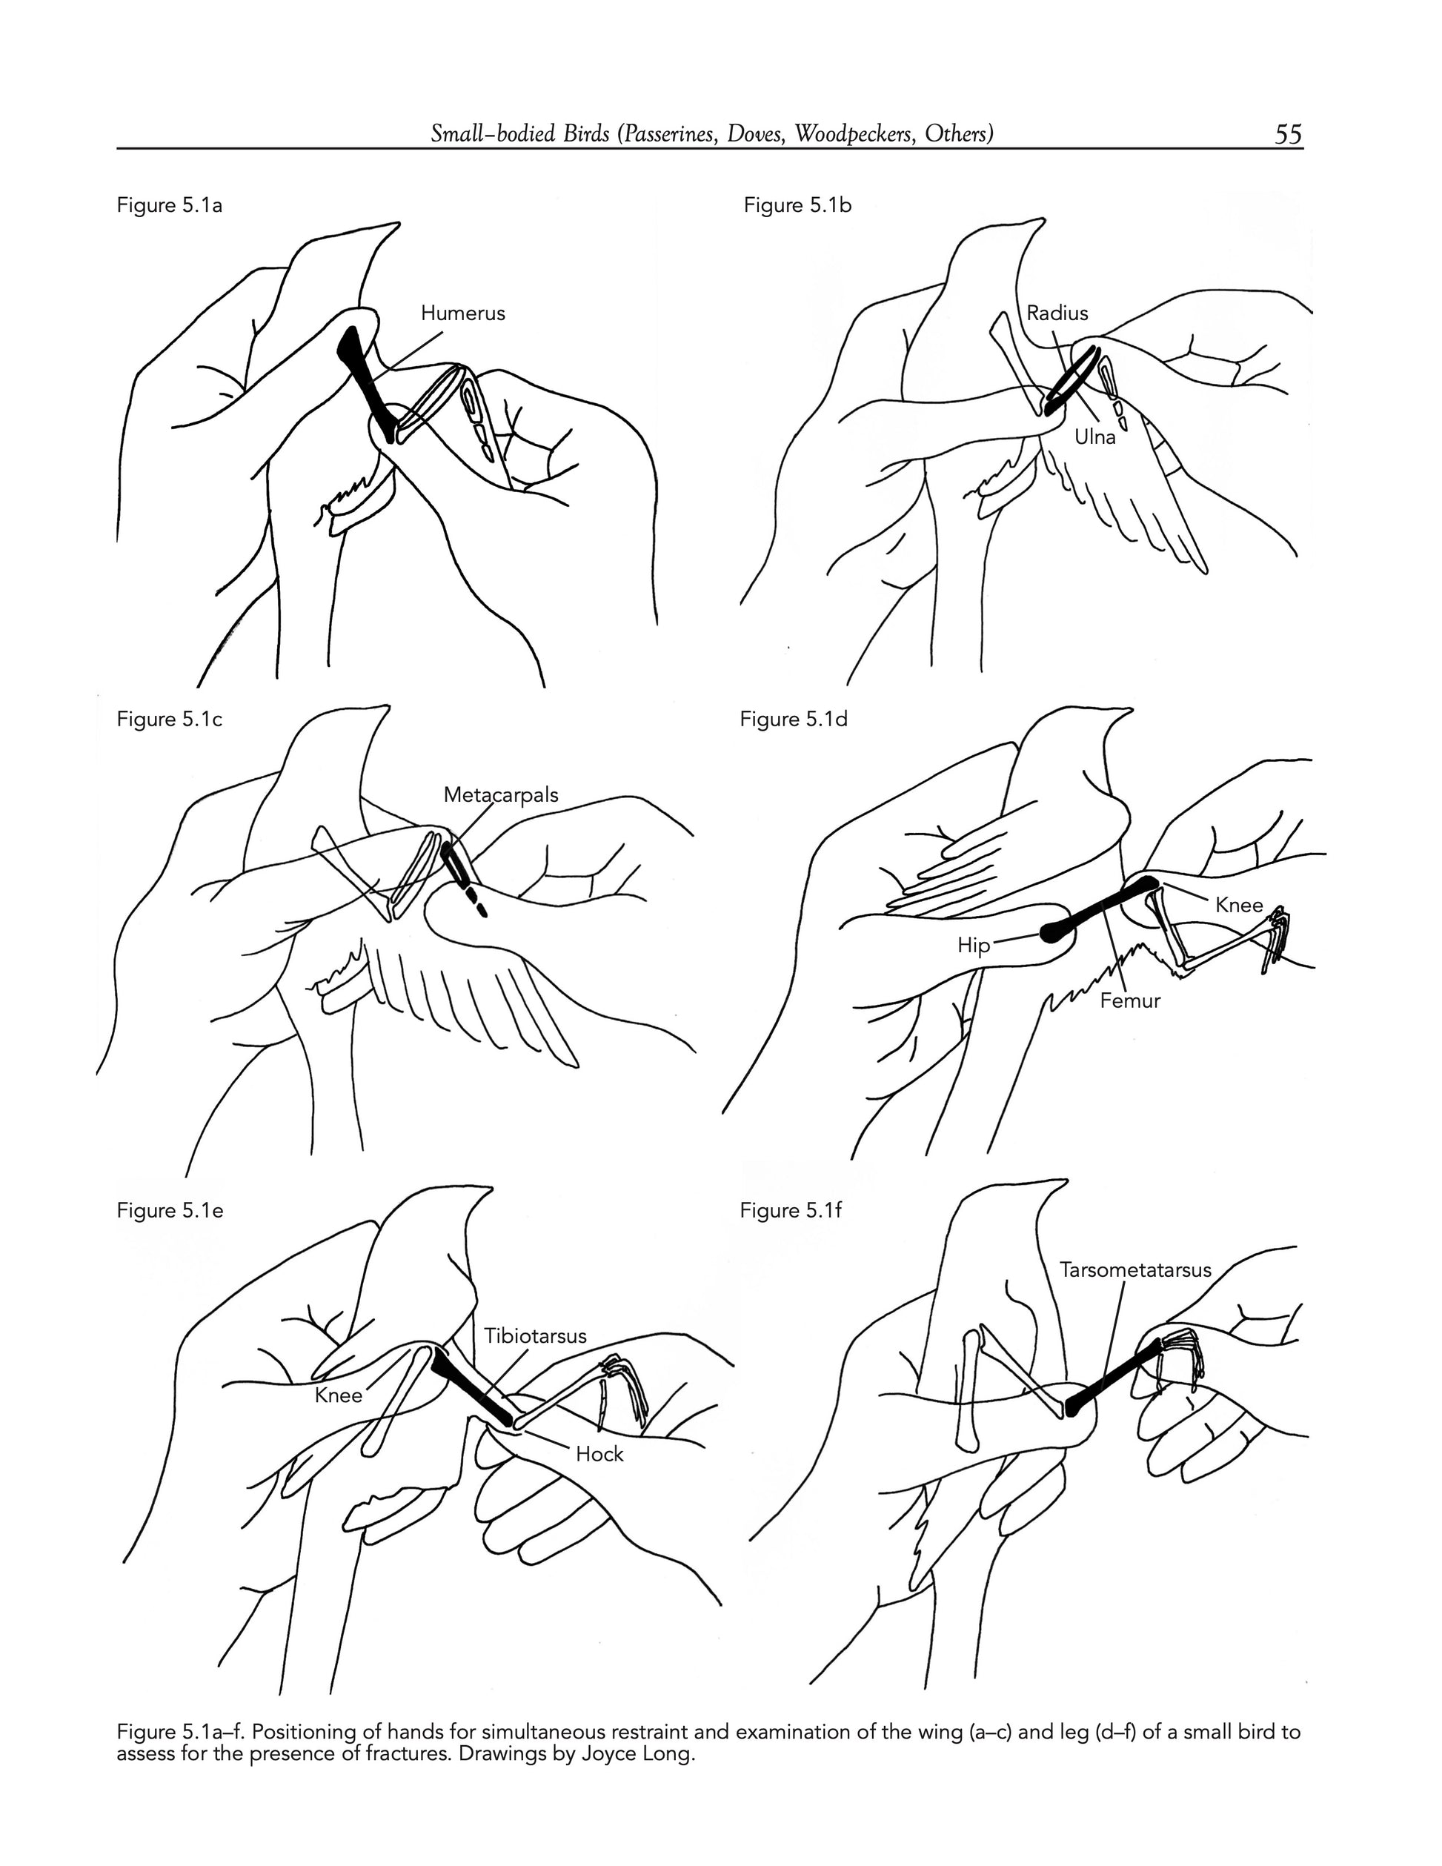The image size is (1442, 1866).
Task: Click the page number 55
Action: [x=1288, y=134]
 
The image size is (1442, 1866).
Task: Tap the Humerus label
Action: [x=463, y=313]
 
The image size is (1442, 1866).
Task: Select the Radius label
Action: [x=1057, y=313]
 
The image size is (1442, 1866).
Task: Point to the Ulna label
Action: [x=1095, y=437]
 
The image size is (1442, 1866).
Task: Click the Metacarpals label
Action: [x=501, y=795]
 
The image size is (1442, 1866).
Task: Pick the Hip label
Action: [x=974, y=946]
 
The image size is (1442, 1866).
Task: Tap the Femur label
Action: [x=1130, y=1001]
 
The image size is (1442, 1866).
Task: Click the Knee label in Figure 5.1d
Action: [x=1239, y=906]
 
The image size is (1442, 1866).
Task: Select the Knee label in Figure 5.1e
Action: [x=339, y=1396]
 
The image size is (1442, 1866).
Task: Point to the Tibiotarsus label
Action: [x=536, y=1336]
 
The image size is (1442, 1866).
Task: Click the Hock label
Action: [x=599, y=1455]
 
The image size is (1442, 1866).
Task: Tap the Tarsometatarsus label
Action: [x=1135, y=1270]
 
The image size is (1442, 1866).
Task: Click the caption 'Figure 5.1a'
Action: [x=169, y=206]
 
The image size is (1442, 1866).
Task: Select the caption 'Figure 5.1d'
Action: [x=794, y=720]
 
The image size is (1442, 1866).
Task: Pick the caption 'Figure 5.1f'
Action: [x=791, y=1211]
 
